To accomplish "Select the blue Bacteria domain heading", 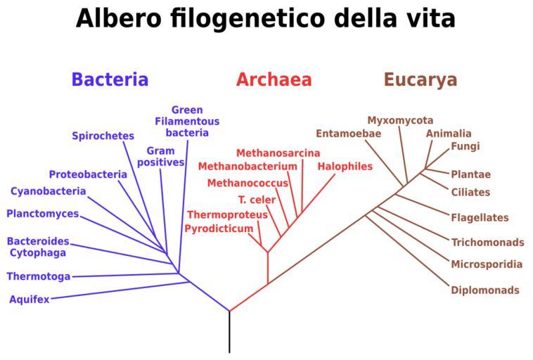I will click(110, 79).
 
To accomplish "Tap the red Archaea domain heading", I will click(274, 79).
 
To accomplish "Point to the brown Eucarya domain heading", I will click(420, 79).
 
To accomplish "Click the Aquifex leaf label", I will click(30, 300).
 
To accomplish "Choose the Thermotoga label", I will click(39, 276).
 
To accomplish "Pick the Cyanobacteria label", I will click(49, 191).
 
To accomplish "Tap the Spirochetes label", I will click(103, 136).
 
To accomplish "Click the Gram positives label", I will click(161, 157).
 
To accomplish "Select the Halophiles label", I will click(345, 167).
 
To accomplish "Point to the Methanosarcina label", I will click(278, 153).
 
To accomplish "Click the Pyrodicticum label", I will click(219, 229).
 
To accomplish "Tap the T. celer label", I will click(257, 200).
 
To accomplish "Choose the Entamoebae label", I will click(348, 134).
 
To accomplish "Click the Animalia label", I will click(449, 134).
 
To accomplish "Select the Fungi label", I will click(465, 147).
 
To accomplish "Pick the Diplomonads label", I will click(485, 290).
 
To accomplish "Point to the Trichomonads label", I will click(487, 243).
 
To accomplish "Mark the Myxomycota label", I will click(400, 120).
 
